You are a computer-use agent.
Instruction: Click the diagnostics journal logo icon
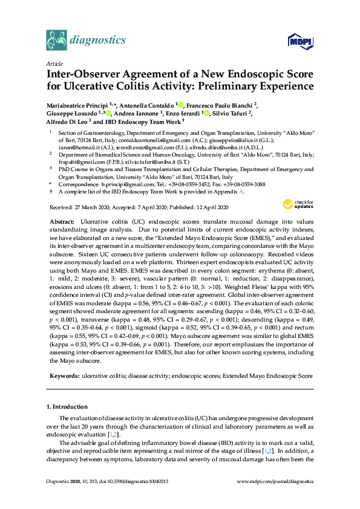click(56, 41)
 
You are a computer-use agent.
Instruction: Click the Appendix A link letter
click(242, 191)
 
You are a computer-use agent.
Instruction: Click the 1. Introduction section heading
click(70, 406)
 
